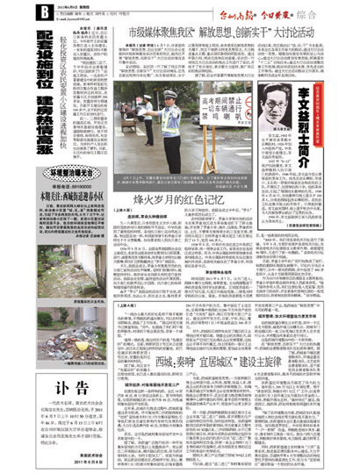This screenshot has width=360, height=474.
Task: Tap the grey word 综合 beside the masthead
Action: click(x=335, y=13)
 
